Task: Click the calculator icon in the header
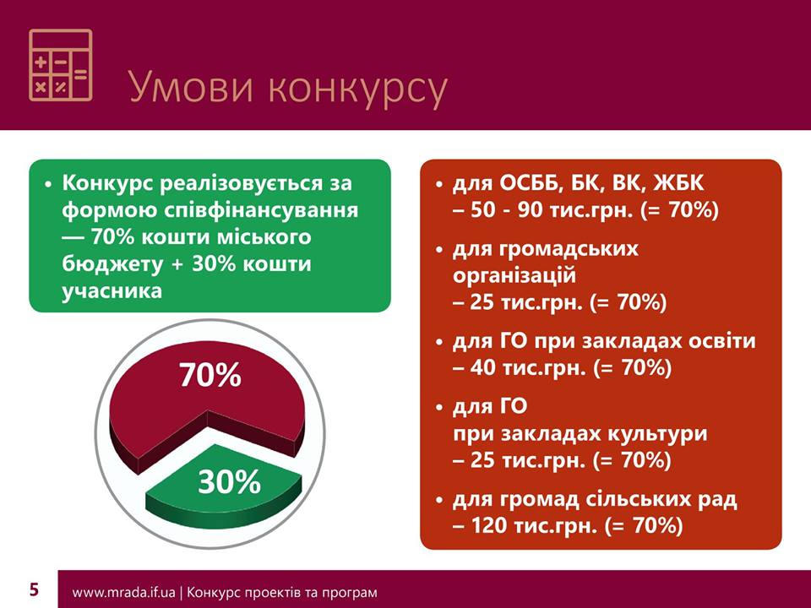(61, 65)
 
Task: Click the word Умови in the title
(192, 87)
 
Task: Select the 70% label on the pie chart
(210, 375)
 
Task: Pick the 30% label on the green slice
(229, 482)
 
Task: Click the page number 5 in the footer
(34, 589)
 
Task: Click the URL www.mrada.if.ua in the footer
(123, 592)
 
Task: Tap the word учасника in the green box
(112, 291)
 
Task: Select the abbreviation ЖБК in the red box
(678, 183)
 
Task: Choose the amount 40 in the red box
(483, 367)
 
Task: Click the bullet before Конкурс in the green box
(49, 185)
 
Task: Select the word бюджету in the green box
(112, 264)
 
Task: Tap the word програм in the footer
(350, 593)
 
